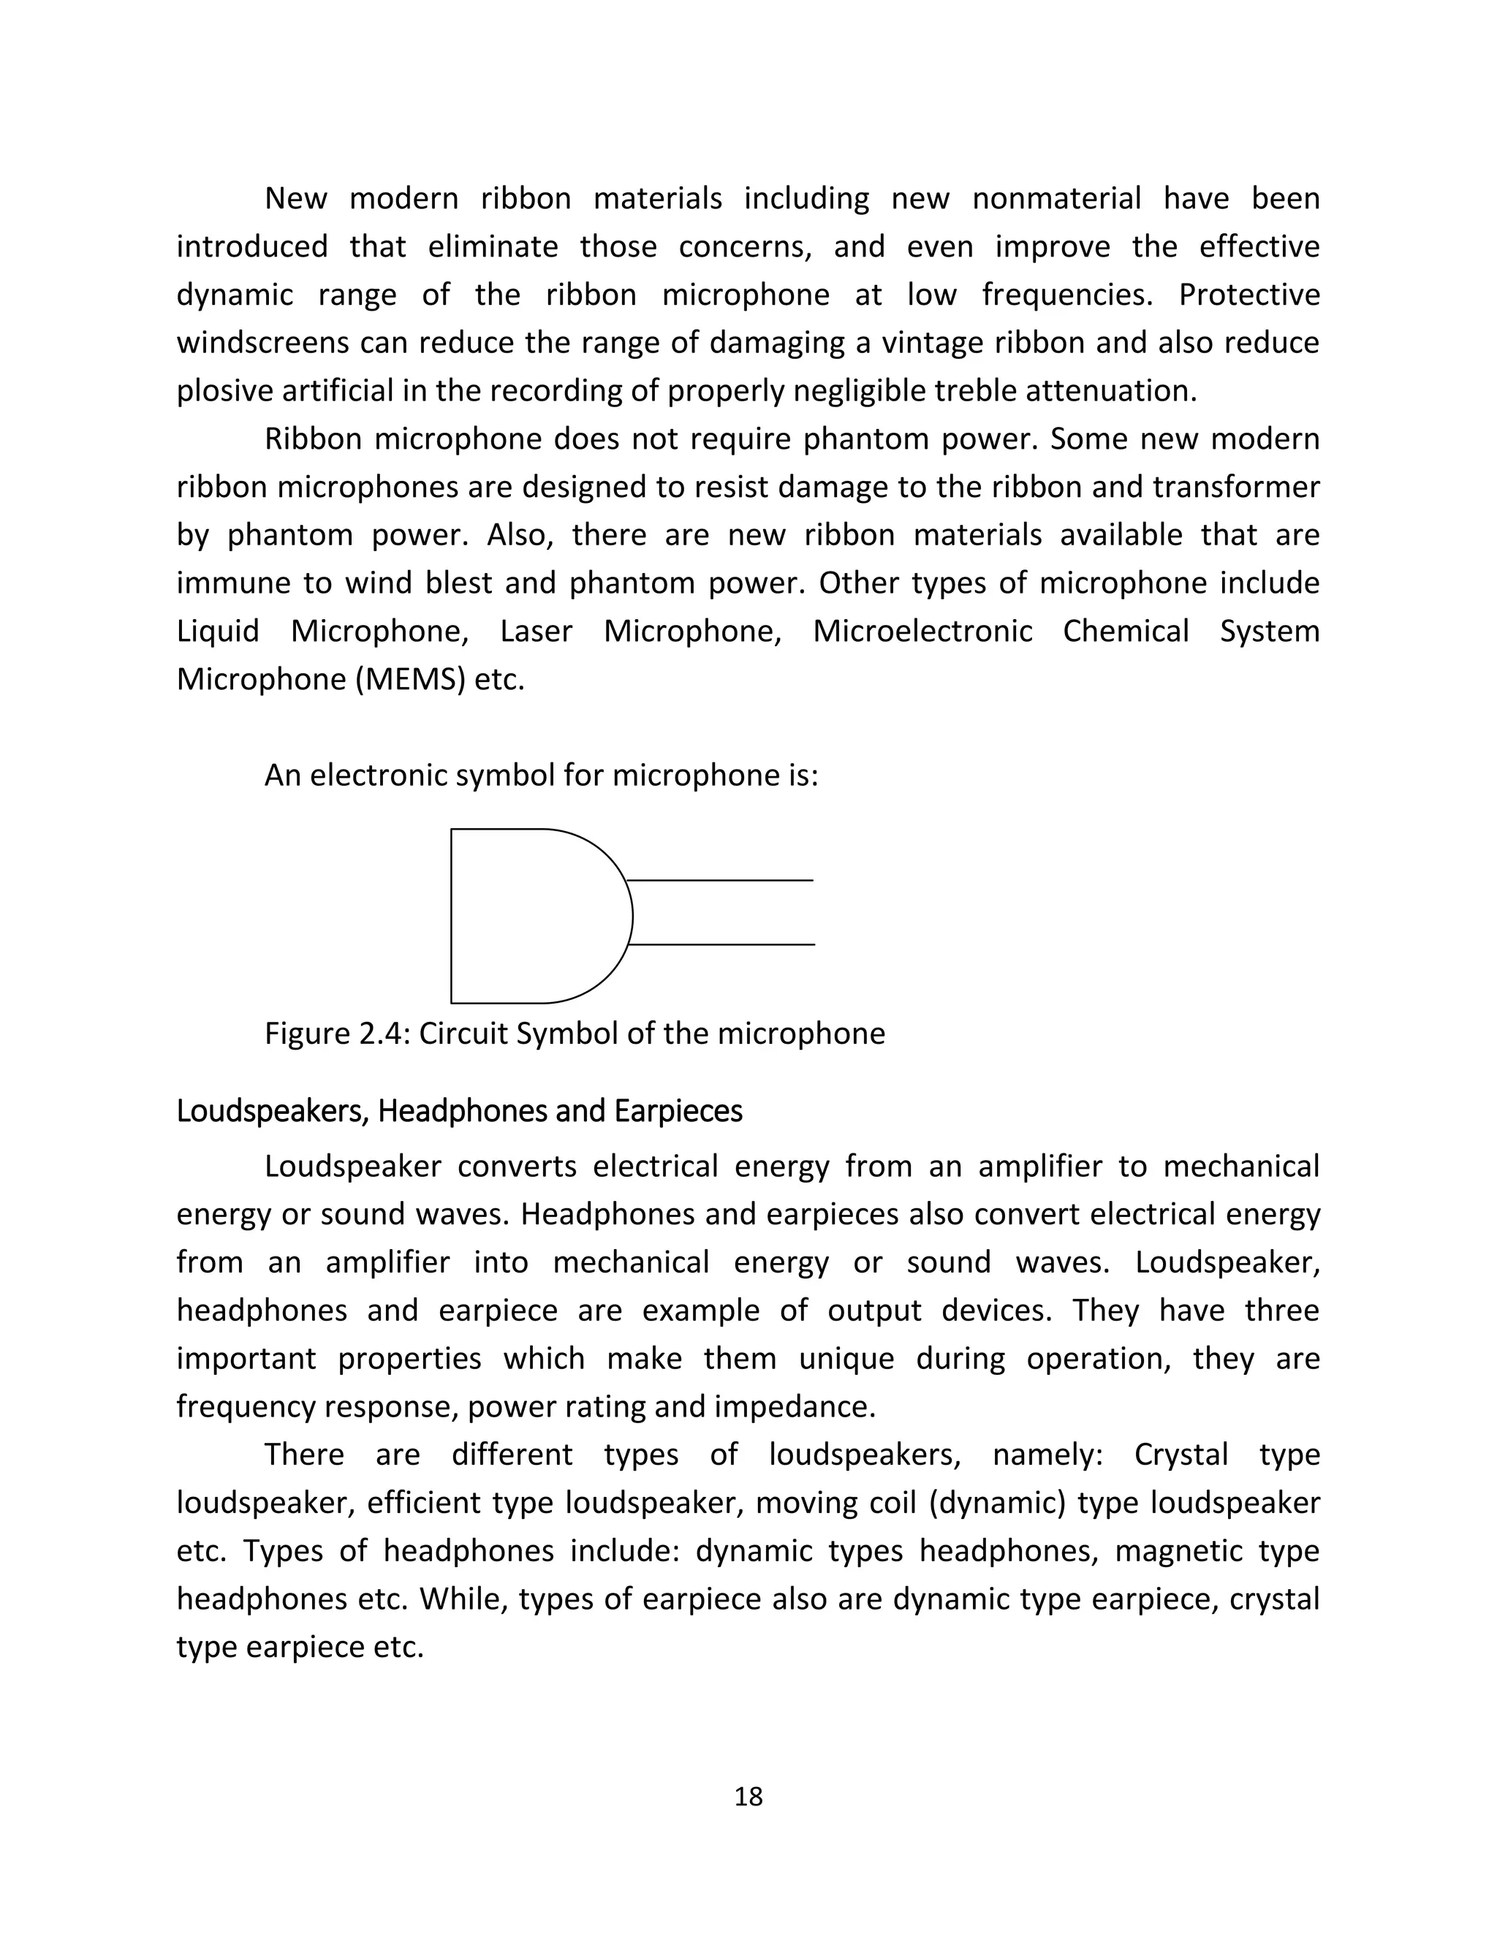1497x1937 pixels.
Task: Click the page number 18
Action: pos(748,1796)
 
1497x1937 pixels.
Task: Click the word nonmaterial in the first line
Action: pos(1056,199)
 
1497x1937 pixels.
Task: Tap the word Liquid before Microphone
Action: pos(217,632)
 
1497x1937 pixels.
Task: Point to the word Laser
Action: pos(536,632)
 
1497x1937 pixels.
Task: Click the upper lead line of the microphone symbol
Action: pos(720,881)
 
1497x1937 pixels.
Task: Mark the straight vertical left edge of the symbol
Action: pos(452,916)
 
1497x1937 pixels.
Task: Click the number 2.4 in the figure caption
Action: pos(382,1034)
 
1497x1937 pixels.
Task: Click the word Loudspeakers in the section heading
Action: pos(271,1111)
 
